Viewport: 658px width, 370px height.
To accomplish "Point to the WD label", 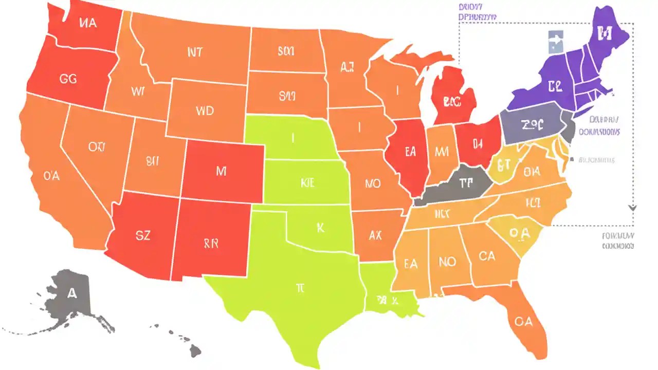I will [x=205, y=110].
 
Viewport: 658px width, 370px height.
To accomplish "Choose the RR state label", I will [x=211, y=243].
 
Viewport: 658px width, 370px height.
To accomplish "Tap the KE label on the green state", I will [x=307, y=182].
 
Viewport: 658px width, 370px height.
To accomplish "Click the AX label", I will [x=375, y=236].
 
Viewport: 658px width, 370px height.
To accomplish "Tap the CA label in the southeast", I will [x=486, y=255].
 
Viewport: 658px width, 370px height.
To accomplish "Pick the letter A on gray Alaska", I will [x=72, y=293].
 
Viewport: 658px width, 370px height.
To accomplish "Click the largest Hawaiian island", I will [x=195, y=351].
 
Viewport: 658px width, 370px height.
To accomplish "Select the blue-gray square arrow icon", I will [x=556, y=42].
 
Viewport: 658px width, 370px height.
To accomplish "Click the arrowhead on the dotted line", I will [x=632, y=208].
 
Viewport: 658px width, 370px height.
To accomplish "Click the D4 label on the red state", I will [x=478, y=143].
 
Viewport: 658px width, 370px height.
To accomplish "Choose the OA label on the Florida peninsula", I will [x=523, y=322].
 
